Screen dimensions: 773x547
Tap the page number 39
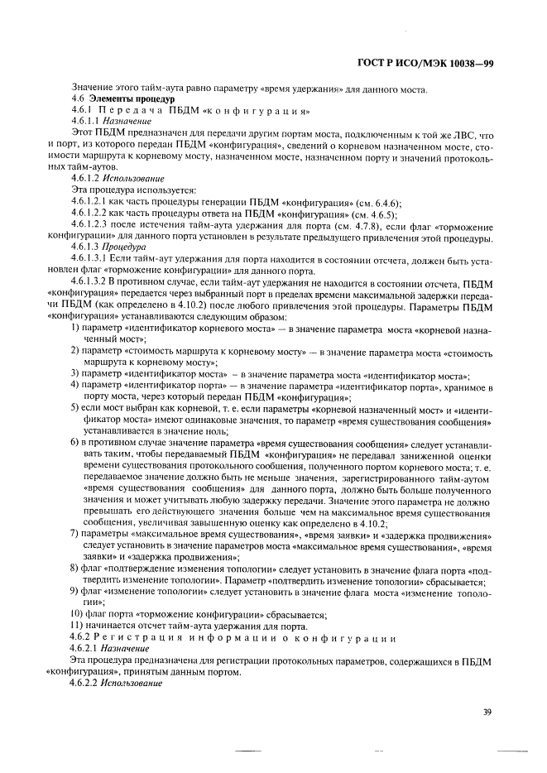pos(487,709)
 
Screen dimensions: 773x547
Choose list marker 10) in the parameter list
pos(77,613)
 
